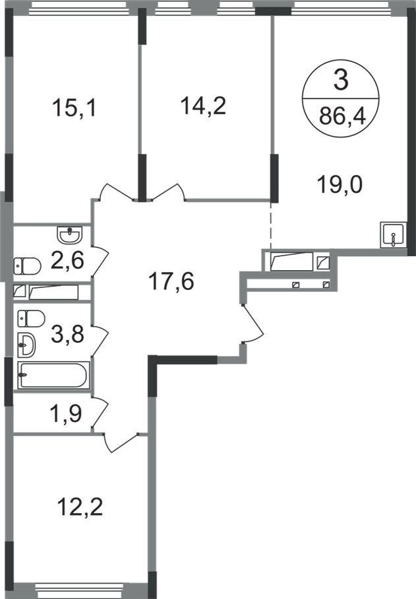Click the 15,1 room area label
74,108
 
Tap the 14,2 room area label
203,106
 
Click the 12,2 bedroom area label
80,507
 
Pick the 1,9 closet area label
65,413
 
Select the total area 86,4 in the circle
342,116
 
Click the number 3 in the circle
340,80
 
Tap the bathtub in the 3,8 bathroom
54,375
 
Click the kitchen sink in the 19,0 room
393,234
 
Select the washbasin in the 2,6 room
69,234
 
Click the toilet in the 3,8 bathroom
31,318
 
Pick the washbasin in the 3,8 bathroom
26,345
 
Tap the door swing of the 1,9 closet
100,413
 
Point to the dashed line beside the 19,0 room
271,225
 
